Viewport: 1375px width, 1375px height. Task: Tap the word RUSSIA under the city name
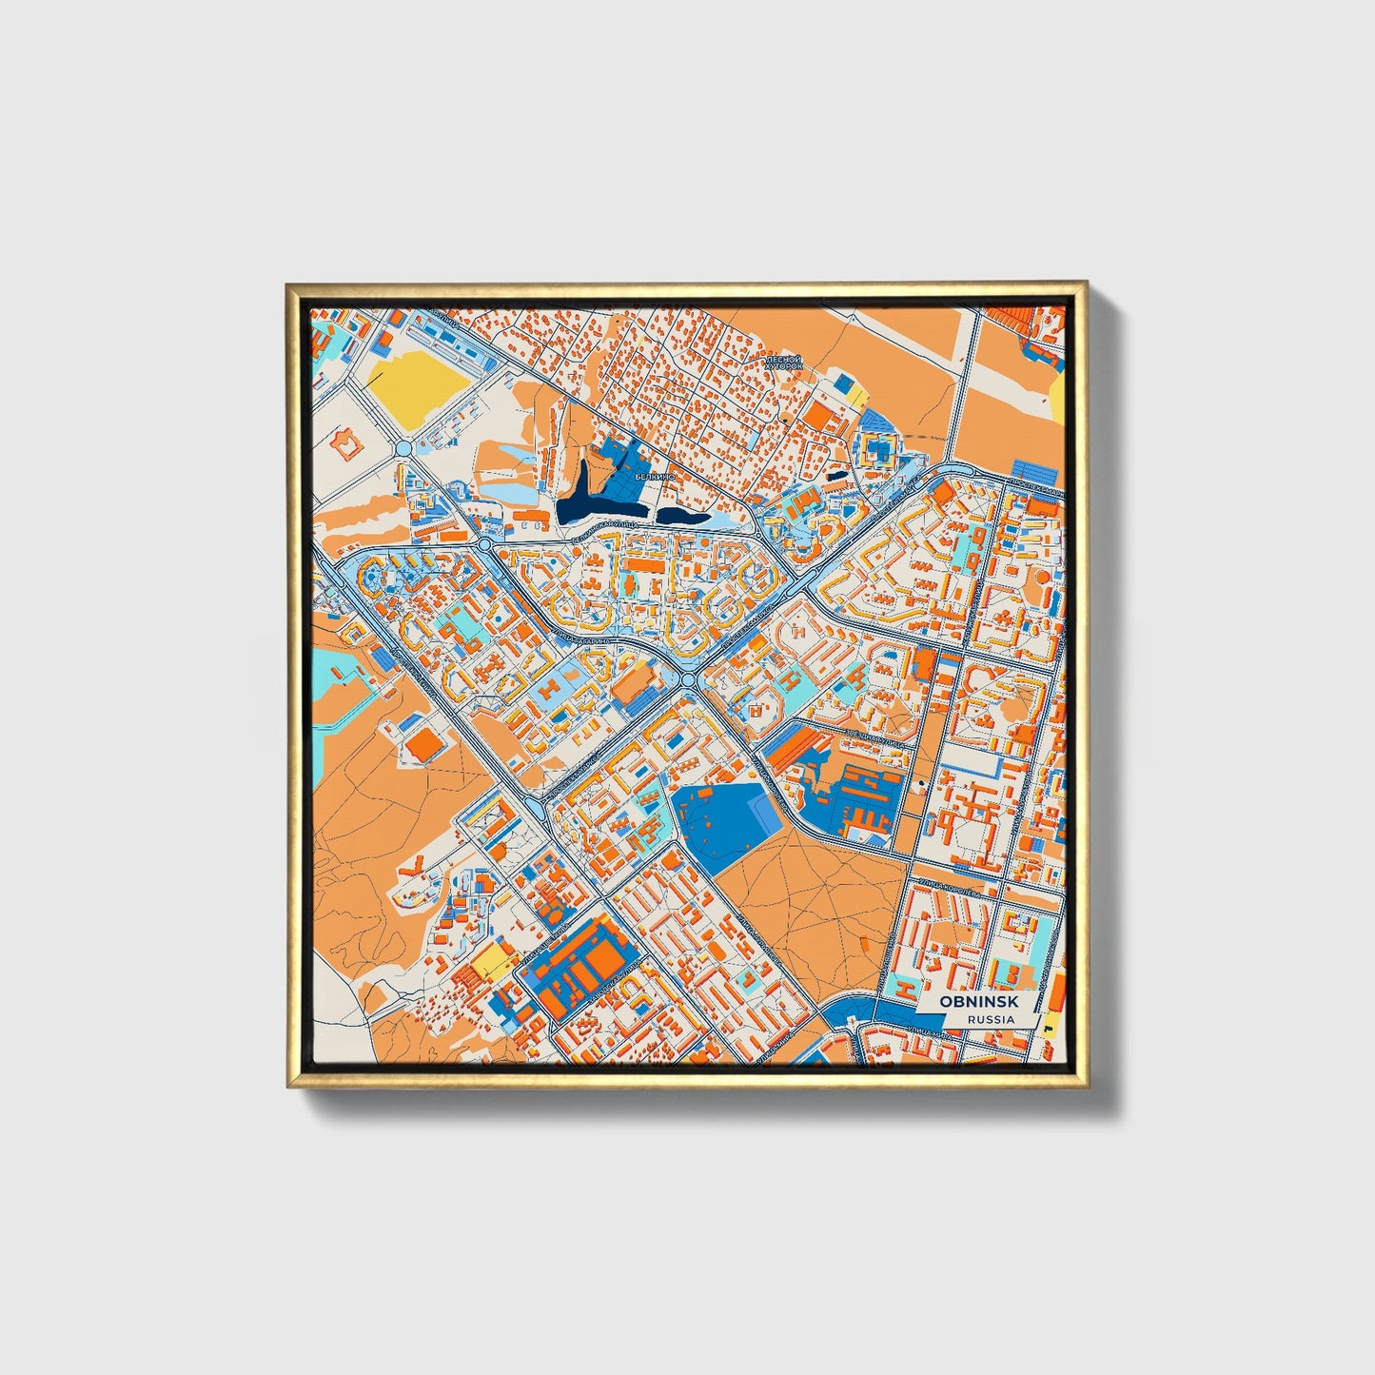pos(990,1019)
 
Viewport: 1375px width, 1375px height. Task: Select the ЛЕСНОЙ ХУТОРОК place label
pos(784,363)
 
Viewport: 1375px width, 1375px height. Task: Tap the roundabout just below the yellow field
pos(403,448)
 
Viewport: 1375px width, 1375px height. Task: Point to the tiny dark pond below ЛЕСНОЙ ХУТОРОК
pos(835,477)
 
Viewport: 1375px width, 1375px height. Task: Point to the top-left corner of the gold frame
pos(288,285)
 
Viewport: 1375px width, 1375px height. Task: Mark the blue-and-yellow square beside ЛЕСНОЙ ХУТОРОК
pos(848,388)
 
